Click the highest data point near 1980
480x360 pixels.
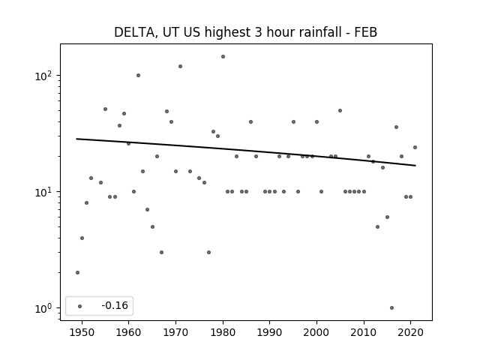click(x=223, y=57)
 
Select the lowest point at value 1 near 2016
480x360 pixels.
click(x=391, y=308)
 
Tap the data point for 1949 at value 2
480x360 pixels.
click(x=77, y=273)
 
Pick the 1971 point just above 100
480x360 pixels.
click(x=180, y=67)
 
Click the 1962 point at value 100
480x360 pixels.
click(x=138, y=75)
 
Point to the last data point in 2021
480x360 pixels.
click(x=415, y=147)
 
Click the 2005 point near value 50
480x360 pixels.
click(x=340, y=110)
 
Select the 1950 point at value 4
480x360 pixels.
click(x=82, y=238)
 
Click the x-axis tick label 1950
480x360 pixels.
click(x=82, y=332)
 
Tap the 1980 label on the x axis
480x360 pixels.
click(x=223, y=332)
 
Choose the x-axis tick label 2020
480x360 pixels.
click(x=410, y=332)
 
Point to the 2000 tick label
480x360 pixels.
click(x=316, y=332)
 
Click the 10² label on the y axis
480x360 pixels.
click(x=43, y=76)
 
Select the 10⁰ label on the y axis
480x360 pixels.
click(x=43, y=308)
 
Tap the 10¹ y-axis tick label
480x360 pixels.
click(x=43, y=192)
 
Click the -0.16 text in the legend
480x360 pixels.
click(x=115, y=305)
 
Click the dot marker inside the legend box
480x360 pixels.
click(x=80, y=306)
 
